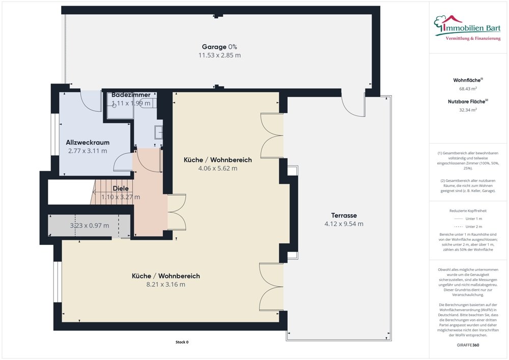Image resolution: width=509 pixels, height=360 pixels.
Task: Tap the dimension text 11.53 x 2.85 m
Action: coord(219,55)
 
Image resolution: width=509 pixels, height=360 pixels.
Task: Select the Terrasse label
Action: coord(344,215)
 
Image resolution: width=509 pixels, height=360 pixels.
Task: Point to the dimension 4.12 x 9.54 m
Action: coord(344,224)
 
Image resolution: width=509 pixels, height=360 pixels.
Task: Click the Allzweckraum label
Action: coord(88,142)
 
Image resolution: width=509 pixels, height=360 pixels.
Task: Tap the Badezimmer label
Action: coord(131,95)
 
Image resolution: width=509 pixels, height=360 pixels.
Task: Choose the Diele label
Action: coord(121,188)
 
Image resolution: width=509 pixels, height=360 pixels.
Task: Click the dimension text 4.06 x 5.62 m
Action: coord(217,169)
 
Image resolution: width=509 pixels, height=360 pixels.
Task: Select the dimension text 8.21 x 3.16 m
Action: coord(165,284)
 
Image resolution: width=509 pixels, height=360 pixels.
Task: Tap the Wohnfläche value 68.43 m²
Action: coord(468,89)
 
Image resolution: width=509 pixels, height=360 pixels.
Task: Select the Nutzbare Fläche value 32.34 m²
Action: coord(468,109)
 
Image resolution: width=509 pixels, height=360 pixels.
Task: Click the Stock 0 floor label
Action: coord(178,342)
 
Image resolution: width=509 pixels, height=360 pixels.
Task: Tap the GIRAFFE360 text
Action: coord(468,345)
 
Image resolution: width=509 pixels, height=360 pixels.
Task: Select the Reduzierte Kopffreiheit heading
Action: coord(468,210)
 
